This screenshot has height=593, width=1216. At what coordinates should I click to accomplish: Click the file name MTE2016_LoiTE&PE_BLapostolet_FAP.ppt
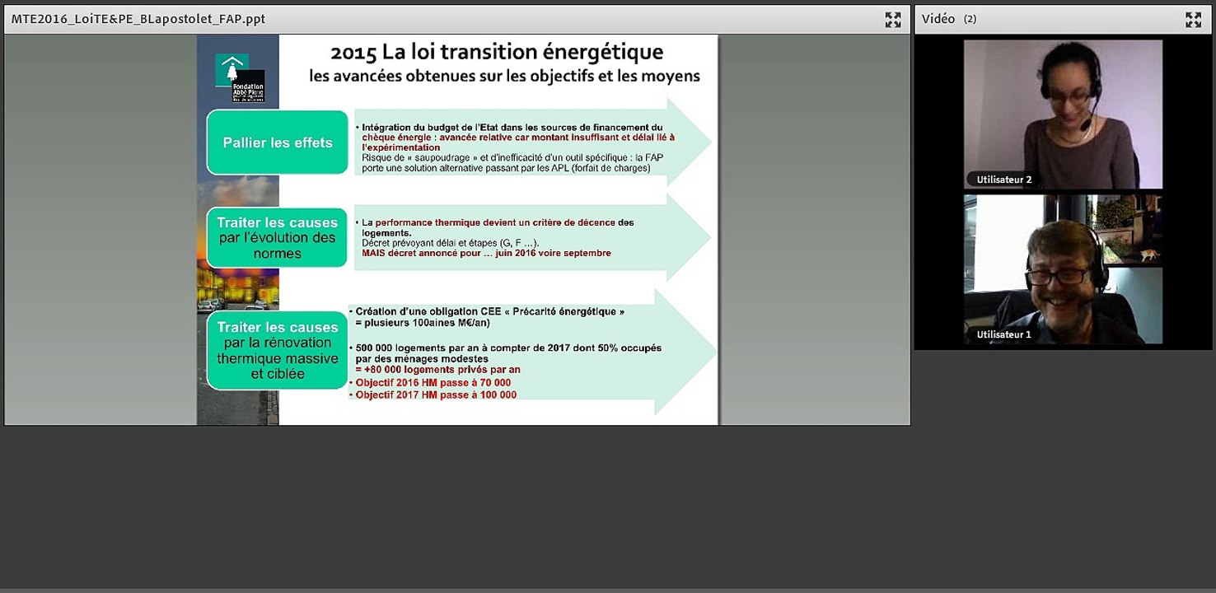(138, 19)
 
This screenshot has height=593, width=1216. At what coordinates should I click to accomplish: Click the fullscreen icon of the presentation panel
(892, 20)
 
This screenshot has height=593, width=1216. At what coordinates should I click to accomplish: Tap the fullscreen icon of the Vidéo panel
(1193, 20)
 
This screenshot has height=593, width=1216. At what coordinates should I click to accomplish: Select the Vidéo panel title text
(938, 19)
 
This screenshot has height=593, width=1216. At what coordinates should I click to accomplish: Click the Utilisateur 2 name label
(1003, 180)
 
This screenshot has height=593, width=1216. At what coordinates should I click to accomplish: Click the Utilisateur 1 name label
(1003, 334)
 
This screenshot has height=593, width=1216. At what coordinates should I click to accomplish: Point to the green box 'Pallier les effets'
(278, 142)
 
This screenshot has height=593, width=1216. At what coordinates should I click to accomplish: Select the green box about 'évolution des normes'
(278, 238)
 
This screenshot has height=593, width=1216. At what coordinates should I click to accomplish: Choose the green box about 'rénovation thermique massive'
(278, 351)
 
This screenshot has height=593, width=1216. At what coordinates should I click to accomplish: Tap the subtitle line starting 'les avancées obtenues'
(504, 77)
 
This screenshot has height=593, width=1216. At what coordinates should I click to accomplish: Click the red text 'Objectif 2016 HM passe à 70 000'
(433, 383)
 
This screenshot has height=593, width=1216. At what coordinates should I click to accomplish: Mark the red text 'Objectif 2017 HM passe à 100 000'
(436, 395)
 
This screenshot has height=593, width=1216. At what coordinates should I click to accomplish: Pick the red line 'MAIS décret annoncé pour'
(486, 254)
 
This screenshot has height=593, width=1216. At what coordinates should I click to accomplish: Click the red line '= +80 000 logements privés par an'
(437, 371)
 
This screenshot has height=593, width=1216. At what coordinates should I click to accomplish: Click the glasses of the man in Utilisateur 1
(1056, 276)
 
